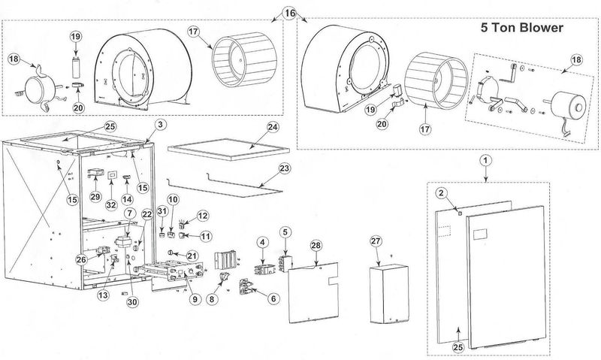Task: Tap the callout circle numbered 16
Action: (x=290, y=14)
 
